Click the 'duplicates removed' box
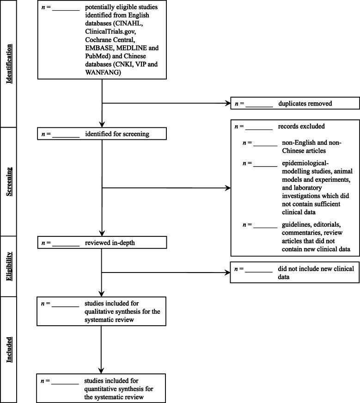[294, 103]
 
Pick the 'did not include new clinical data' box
[294, 272]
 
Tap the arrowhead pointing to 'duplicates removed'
[227, 103]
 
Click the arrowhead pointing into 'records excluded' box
[227, 188]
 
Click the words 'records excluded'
[301, 126]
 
